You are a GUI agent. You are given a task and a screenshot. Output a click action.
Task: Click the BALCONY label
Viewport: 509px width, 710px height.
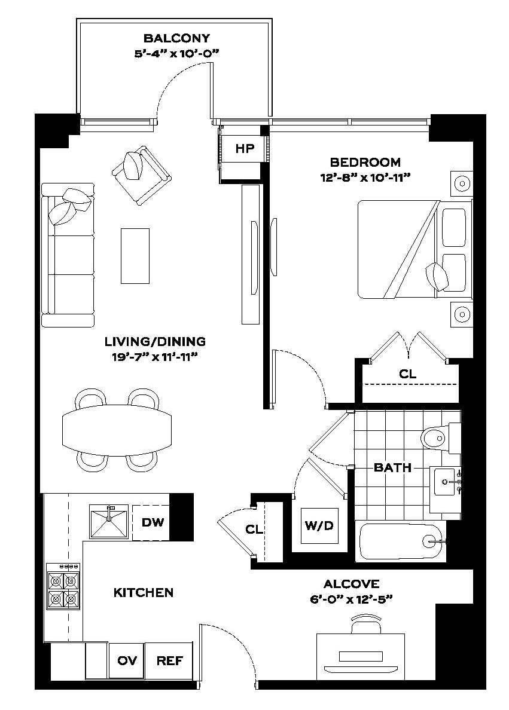(176, 38)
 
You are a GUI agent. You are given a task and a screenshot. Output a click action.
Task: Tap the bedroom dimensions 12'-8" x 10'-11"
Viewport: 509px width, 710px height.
(365, 177)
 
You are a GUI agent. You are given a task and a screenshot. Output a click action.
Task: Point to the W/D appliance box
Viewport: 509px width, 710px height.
(319, 525)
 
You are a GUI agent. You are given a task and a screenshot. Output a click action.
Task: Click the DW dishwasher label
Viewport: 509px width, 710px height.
(153, 522)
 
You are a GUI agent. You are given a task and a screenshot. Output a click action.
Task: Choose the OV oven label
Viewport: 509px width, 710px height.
(127, 660)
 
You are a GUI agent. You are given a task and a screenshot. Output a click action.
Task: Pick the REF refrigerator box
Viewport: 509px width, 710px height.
(169, 660)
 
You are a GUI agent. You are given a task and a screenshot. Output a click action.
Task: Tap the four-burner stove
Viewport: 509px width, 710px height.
(63, 586)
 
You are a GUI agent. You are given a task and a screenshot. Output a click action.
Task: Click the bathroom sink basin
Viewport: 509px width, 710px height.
(446, 482)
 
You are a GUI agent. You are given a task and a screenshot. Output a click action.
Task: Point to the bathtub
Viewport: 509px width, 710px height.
(401, 541)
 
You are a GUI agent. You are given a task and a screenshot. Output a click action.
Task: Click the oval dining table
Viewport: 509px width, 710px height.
(117, 430)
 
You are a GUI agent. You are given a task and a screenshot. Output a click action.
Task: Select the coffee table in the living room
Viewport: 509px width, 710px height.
(135, 256)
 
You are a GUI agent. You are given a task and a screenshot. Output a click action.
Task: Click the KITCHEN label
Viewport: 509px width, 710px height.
(143, 592)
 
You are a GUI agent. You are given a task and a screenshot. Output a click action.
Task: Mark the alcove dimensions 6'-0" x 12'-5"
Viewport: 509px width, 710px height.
(351, 599)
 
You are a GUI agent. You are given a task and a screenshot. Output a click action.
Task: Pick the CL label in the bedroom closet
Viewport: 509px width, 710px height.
(407, 374)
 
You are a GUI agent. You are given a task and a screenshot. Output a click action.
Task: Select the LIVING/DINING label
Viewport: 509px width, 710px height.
(155, 341)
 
